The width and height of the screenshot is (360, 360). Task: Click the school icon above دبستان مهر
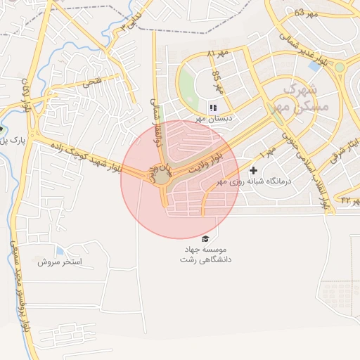(x=212, y=108)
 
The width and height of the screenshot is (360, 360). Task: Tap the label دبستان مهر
(x=213, y=119)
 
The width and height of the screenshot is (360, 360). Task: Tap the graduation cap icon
(x=205, y=239)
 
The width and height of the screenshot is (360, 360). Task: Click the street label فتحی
(x=93, y=83)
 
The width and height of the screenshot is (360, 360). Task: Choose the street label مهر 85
(x=217, y=82)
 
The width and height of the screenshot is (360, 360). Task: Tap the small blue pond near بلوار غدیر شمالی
(x=314, y=66)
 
